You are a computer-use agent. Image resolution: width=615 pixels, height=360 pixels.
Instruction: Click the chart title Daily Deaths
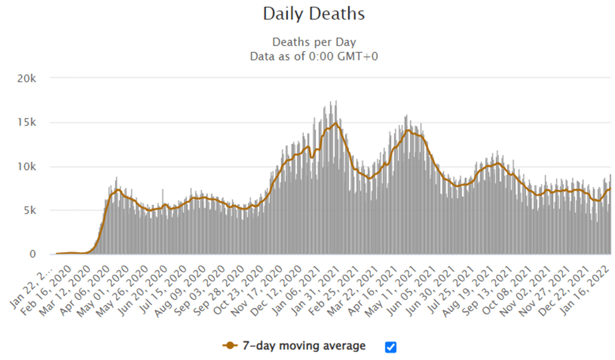tap(313, 14)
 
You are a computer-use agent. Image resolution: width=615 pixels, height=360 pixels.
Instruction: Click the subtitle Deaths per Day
tap(313, 42)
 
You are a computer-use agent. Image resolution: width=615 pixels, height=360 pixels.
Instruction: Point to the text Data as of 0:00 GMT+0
tap(313, 56)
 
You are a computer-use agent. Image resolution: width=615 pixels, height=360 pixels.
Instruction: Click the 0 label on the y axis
tap(38, 254)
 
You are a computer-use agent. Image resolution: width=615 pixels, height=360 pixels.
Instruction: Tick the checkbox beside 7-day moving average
tap(390, 346)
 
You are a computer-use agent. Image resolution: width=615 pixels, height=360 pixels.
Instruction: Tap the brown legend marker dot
tap(230, 345)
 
